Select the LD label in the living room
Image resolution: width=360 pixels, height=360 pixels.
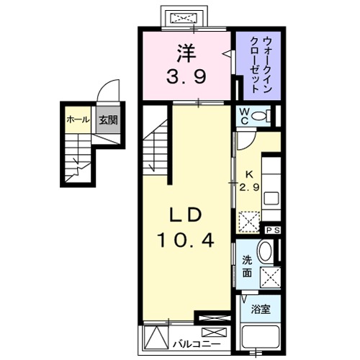[x=189, y=215]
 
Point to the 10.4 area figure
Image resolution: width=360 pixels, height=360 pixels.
[x=189, y=240]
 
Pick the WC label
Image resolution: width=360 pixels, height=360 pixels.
[x=245, y=115]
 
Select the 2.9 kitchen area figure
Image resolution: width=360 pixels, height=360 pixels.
[x=250, y=187]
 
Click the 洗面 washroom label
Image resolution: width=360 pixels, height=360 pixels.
[x=247, y=266]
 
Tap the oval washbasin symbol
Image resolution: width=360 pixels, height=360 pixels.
[x=264, y=252]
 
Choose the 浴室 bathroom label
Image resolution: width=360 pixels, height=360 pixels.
[x=260, y=311]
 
